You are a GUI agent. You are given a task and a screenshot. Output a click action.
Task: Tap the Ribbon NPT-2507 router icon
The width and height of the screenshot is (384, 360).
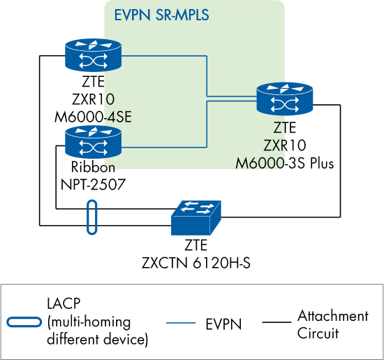coord(93,143)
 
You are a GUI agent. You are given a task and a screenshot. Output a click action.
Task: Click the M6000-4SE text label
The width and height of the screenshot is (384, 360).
coord(93,115)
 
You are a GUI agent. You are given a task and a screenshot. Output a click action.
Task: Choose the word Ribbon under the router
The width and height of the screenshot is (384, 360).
coord(93,168)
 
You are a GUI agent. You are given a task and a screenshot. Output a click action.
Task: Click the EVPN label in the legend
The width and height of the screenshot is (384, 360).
coord(223,324)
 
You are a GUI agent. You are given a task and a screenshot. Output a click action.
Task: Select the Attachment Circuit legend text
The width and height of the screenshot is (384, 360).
coord(332,324)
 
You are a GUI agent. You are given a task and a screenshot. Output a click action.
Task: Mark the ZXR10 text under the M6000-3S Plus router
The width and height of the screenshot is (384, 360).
coord(285,146)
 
